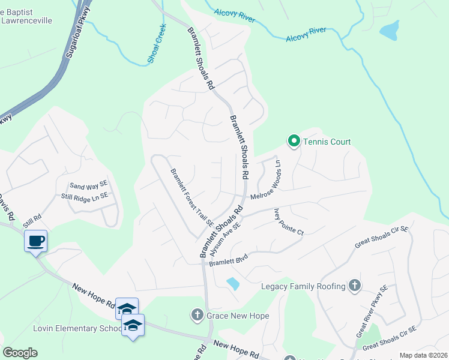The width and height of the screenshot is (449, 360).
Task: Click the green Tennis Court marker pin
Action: [x=294, y=142]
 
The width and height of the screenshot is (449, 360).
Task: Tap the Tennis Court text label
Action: [x=327, y=142]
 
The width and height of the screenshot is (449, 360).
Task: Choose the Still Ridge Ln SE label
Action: [x=85, y=196]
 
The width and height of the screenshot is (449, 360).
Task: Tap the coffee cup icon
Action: [x=36, y=241]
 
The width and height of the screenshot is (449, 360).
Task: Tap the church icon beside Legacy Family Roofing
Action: [x=355, y=286]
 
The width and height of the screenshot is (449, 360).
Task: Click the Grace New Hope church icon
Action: [x=197, y=314]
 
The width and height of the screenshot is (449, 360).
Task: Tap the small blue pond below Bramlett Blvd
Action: [x=233, y=283]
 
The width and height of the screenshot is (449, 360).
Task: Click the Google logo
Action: [x=20, y=353]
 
